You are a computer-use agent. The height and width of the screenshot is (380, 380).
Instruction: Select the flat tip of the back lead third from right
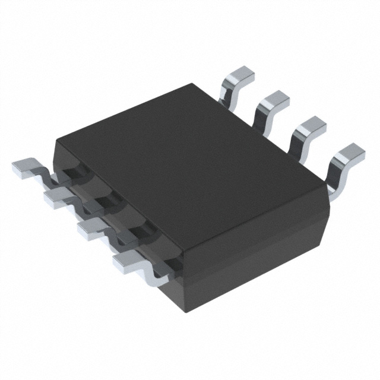coord(273,100)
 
